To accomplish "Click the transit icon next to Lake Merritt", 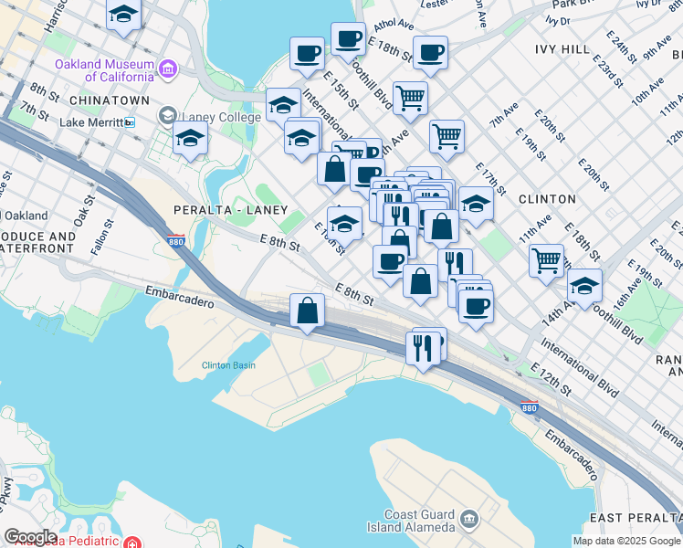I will pos(130,121).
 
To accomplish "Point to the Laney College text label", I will pos(222,117).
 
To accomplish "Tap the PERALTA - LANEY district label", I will pos(231,210).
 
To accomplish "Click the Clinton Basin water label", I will pos(228,365).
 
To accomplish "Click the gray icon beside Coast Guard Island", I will pos(469,520).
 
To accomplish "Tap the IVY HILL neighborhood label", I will pos(564,48).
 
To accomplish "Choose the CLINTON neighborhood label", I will pos(547,198).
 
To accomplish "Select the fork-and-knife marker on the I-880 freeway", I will pos(422,347).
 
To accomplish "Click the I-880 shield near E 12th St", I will pos(527,407).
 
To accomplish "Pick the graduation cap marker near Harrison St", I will pos(123,15).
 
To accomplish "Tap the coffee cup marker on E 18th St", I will pos(348,38).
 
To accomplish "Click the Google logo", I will pos(30,537).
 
